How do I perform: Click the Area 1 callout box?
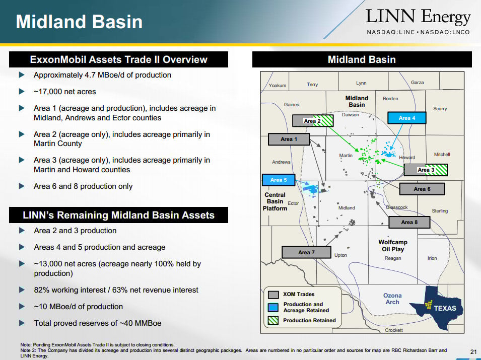pos(289,139)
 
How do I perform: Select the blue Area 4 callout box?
pos(407,118)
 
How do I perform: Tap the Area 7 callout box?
pos(306,252)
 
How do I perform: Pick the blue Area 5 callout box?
pos(279,180)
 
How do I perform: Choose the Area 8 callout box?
pos(409,223)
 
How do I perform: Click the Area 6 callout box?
pos(422,189)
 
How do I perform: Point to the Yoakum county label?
pos(278,86)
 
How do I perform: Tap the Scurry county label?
pos(440,109)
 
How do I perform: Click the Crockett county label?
pos(394,330)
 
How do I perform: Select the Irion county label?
pos(432,258)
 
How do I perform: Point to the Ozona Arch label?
pos(392,299)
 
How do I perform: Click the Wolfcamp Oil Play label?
pos(393,246)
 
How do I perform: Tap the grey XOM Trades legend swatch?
pos(273,295)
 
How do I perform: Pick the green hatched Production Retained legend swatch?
pos(273,320)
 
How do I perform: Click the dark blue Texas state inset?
pos(436,307)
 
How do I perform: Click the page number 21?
pos(473,352)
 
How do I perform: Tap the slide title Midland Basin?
pos(79,22)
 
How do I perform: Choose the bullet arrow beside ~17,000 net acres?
pos(22,91)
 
